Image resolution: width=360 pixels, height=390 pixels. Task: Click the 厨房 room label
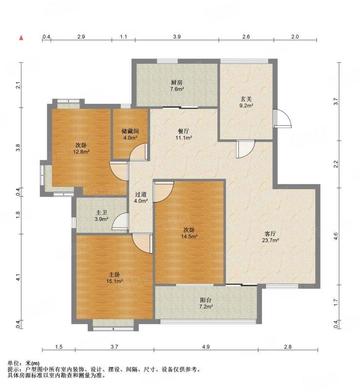[x=176, y=82]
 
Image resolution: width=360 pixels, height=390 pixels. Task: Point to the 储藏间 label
[x=130, y=131]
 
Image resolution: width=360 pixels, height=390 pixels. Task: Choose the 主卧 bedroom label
[x=114, y=274]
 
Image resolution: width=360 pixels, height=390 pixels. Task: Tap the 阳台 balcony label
[x=206, y=301]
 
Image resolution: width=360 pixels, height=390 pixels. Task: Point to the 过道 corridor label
[x=141, y=195]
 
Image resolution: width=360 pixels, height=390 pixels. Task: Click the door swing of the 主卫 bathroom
[x=120, y=223]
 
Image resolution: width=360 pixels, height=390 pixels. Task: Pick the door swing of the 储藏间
[x=138, y=152]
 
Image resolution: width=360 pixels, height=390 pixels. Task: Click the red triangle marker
[x=21, y=37]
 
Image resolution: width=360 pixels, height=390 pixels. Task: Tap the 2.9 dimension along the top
[x=81, y=37]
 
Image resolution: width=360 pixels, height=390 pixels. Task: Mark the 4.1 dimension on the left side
[x=18, y=278]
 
